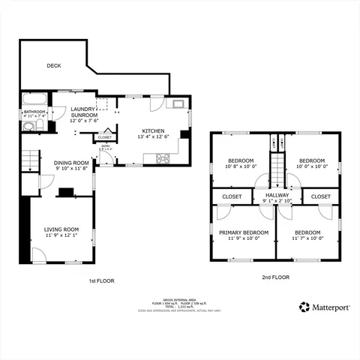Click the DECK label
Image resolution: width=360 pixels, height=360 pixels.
pos(54,66)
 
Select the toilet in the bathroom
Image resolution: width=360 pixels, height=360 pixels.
pos(28,127)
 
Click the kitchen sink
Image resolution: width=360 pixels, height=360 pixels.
pos(178,105)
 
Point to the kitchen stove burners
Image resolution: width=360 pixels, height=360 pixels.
pos(162,157)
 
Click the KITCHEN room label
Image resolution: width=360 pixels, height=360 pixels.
pos(154,130)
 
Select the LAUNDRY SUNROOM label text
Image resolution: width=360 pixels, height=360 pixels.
pos(84,112)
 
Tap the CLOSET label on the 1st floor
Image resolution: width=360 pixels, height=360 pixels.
pos(105,137)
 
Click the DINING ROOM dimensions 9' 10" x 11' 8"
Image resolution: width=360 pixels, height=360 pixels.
pos(72,169)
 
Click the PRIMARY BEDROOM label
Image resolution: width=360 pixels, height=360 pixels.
pos(244,232)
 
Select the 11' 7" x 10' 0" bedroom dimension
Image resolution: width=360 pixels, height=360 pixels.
pos(307,238)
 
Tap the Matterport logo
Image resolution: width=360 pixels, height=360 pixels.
pos(325,307)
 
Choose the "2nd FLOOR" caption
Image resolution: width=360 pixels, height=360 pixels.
pos(275,277)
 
